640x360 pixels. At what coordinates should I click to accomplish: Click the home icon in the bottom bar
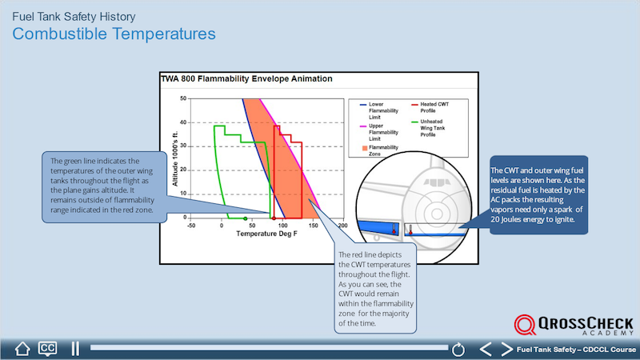pos(22,349)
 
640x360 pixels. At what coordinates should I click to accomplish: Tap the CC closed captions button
pos(47,349)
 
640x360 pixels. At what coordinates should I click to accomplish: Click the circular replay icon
pos(458,350)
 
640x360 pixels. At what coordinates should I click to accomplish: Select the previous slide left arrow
pos(486,349)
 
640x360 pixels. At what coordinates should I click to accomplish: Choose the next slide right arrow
pos(506,349)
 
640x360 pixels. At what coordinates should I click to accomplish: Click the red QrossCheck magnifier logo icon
pos(525,325)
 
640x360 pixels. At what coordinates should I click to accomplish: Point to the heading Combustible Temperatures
pos(114,34)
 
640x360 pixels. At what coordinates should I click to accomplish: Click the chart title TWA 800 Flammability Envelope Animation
pos(246,78)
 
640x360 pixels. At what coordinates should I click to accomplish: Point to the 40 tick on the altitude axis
pos(183,122)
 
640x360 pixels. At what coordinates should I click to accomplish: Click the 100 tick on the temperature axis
pos(282,226)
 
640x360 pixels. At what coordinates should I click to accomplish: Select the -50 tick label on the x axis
pos(190,226)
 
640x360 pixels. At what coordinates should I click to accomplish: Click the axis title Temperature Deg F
pos(266,234)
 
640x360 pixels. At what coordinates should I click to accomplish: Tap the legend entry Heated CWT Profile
pos(431,107)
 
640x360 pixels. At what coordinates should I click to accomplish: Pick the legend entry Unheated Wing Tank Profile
pos(430,128)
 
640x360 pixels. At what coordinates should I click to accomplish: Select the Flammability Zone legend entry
pos(380,150)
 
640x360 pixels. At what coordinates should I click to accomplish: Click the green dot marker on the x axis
pos(246,218)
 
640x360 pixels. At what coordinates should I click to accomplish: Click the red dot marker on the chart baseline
pos(274,218)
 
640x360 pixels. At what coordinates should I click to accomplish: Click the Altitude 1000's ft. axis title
pos(175,158)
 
